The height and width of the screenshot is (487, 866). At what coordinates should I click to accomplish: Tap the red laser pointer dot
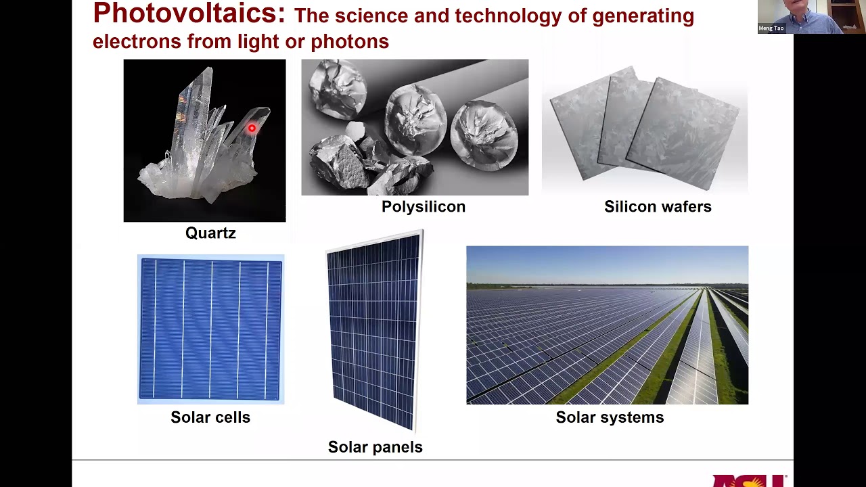click(252, 128)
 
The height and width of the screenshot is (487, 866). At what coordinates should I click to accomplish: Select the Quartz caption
click(210, 233)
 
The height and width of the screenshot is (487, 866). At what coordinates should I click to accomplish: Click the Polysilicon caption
click(424, 207)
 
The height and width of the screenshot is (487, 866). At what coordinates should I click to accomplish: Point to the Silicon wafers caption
click(658, 207)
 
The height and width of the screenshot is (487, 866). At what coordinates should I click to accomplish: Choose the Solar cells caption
click(210, 417)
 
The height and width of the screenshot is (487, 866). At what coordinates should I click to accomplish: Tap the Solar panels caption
click(375, 447)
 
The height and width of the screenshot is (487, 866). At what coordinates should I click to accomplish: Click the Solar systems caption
click(610, 417)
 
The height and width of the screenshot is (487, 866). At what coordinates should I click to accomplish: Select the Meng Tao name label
click(771, 28)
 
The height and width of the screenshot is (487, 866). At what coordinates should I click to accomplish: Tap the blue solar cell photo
click(210, 329)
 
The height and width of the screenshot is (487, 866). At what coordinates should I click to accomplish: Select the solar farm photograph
click(607, 325)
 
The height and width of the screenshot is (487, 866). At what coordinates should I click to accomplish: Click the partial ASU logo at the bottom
click(748, 480)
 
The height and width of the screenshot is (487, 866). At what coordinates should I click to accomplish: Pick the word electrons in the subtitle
click(137, 42)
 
